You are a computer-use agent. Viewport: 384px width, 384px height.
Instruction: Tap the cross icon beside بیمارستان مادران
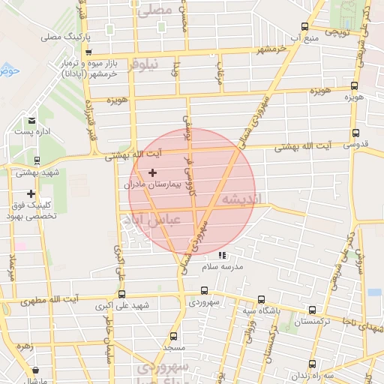point(153,172)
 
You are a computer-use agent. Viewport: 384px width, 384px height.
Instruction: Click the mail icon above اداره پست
point(31,120)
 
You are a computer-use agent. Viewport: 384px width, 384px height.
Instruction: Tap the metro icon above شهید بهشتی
point(37,160)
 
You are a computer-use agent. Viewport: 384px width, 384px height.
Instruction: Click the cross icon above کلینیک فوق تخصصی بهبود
point(31,193)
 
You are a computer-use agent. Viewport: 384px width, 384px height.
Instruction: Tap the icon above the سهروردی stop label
point(204,291)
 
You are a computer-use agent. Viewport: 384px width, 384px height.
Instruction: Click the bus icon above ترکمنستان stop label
point(313,310)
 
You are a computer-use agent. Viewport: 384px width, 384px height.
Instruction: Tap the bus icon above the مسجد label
point(174,336)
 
